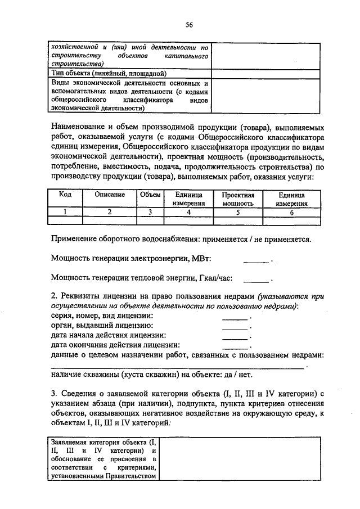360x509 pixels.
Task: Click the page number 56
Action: (189, 24)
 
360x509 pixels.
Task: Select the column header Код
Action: (65, 195)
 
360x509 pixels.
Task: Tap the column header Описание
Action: (110, 195)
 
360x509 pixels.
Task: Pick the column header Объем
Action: (150, 195)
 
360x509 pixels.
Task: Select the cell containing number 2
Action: (110, 212)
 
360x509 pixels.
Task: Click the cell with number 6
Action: (292, 212)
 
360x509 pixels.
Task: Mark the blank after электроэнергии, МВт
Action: (256, 260)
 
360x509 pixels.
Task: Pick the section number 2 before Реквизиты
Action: (53, 296)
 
